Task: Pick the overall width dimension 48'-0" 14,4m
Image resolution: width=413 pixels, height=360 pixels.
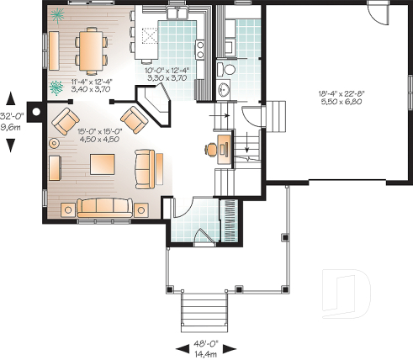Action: pos(204,348)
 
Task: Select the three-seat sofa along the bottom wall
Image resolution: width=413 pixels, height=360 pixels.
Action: pos(104,205)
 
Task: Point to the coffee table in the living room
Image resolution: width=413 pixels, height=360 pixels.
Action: pos(103,162)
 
